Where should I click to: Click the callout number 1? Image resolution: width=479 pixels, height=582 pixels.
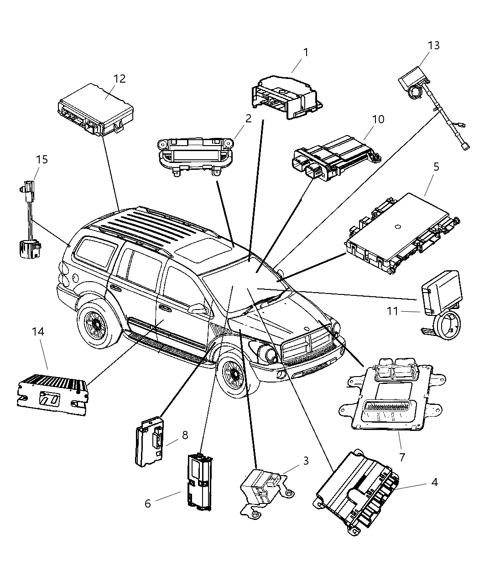[306, 52]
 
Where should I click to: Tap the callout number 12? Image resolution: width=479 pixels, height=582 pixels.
[119, 79]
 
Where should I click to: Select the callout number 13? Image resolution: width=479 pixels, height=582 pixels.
[433, 45]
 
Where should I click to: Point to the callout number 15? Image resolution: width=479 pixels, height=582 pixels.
[42, 159]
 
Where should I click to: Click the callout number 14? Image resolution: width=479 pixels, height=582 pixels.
[38, 331]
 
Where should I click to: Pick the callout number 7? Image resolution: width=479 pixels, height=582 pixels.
[401, 456]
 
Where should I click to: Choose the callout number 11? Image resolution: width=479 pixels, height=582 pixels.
[392, 311]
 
